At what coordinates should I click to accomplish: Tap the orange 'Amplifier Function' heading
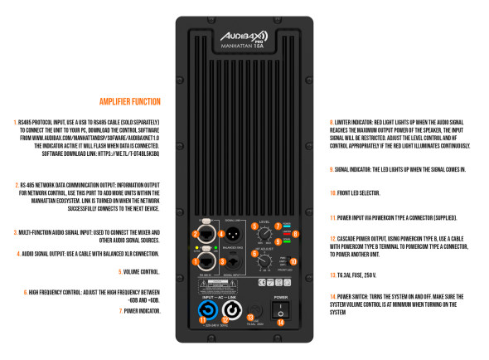(x=129, y=102)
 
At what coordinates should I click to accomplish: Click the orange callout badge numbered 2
(x=201, y=262)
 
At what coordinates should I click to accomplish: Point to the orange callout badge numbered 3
(x=222, y=262)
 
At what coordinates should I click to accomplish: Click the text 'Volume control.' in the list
(x=141, y=270)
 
